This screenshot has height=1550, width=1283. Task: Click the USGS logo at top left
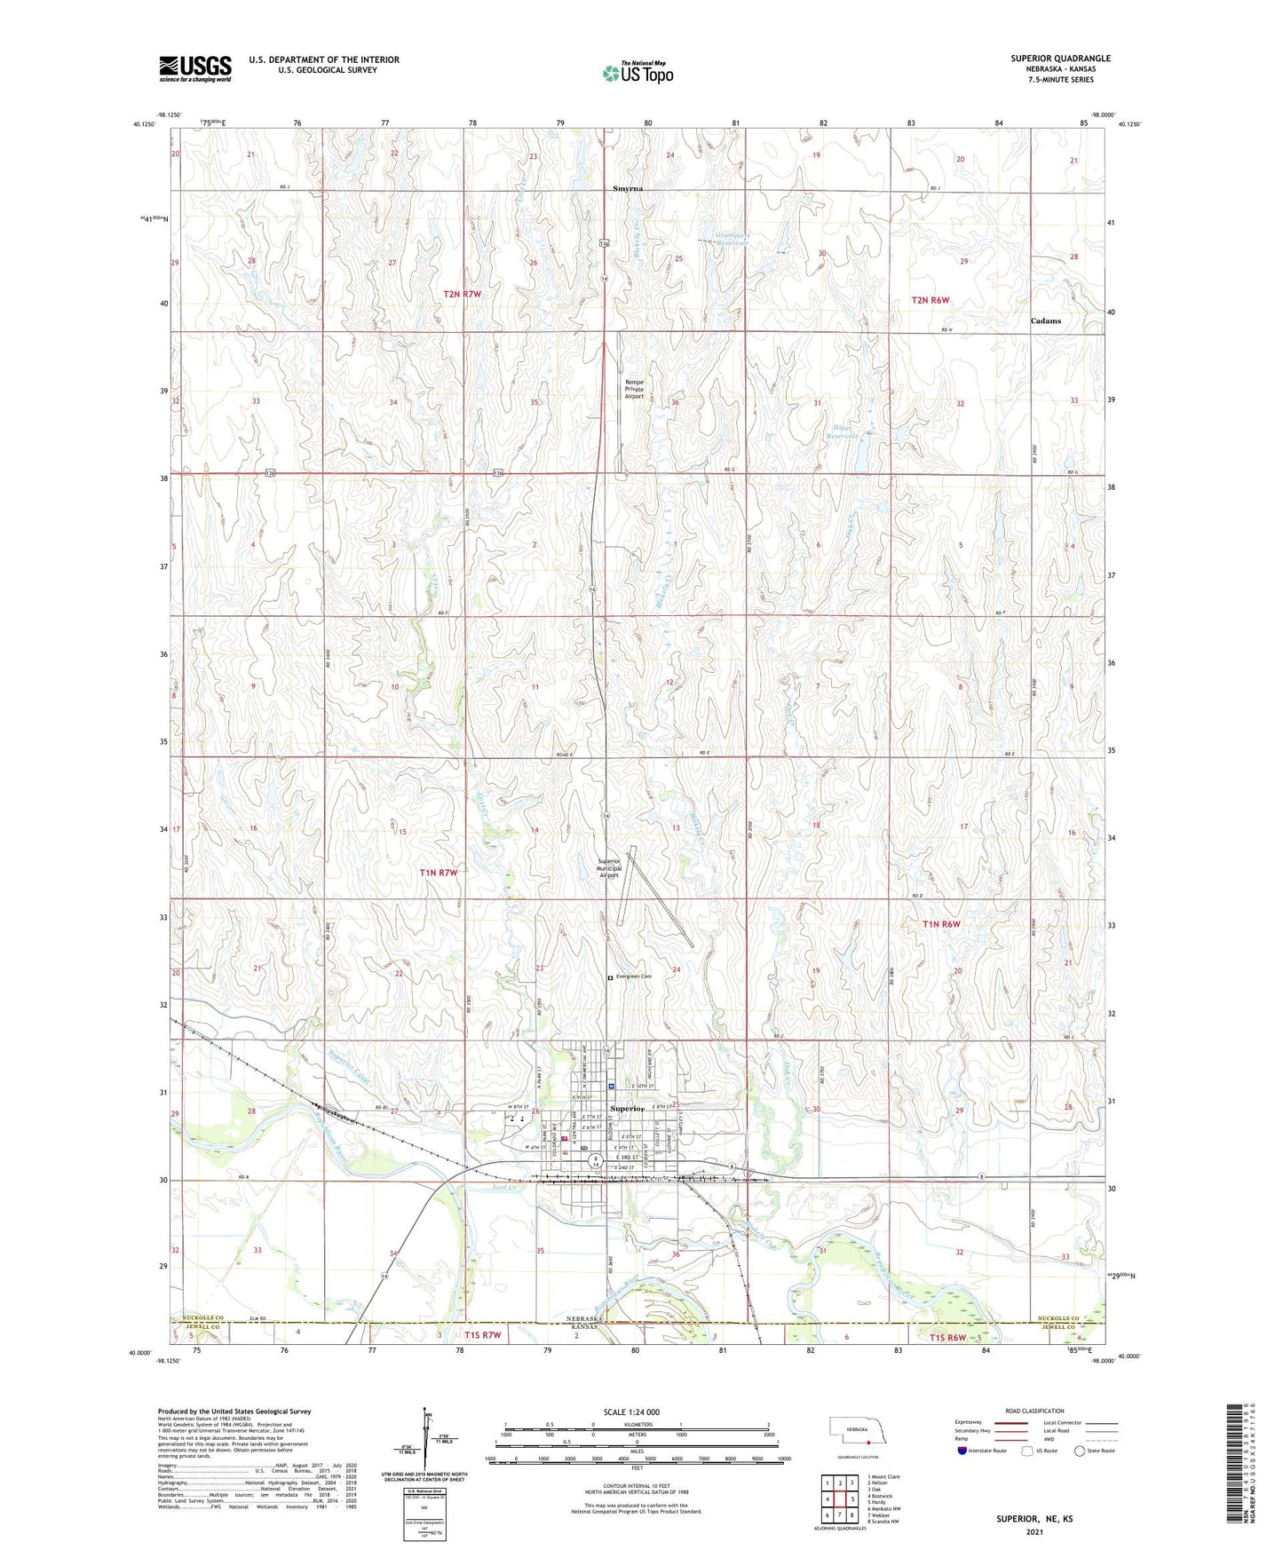[x=194, y=68]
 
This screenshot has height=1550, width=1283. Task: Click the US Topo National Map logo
[x=638, y=72]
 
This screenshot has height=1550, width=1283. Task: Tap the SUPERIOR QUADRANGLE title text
[x=1059, y=59]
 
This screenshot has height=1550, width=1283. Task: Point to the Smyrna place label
[x=628, y=189]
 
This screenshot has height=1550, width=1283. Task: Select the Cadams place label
[x=1045, y=320]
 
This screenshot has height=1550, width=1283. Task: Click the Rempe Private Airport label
[x=634, y=389]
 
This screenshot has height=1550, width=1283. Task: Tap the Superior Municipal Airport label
[x=609, y=867]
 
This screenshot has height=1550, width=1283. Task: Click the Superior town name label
[x=627, y=1109]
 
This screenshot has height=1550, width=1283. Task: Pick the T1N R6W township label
[x=941, y=924]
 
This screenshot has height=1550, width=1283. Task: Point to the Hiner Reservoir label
[x=843, y=431]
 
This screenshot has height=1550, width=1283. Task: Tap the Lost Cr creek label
[x=504, y=1188]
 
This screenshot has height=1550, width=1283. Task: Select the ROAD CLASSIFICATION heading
[x=1034, y=1411]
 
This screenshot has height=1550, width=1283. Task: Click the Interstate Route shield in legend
[x=963, y=1451]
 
